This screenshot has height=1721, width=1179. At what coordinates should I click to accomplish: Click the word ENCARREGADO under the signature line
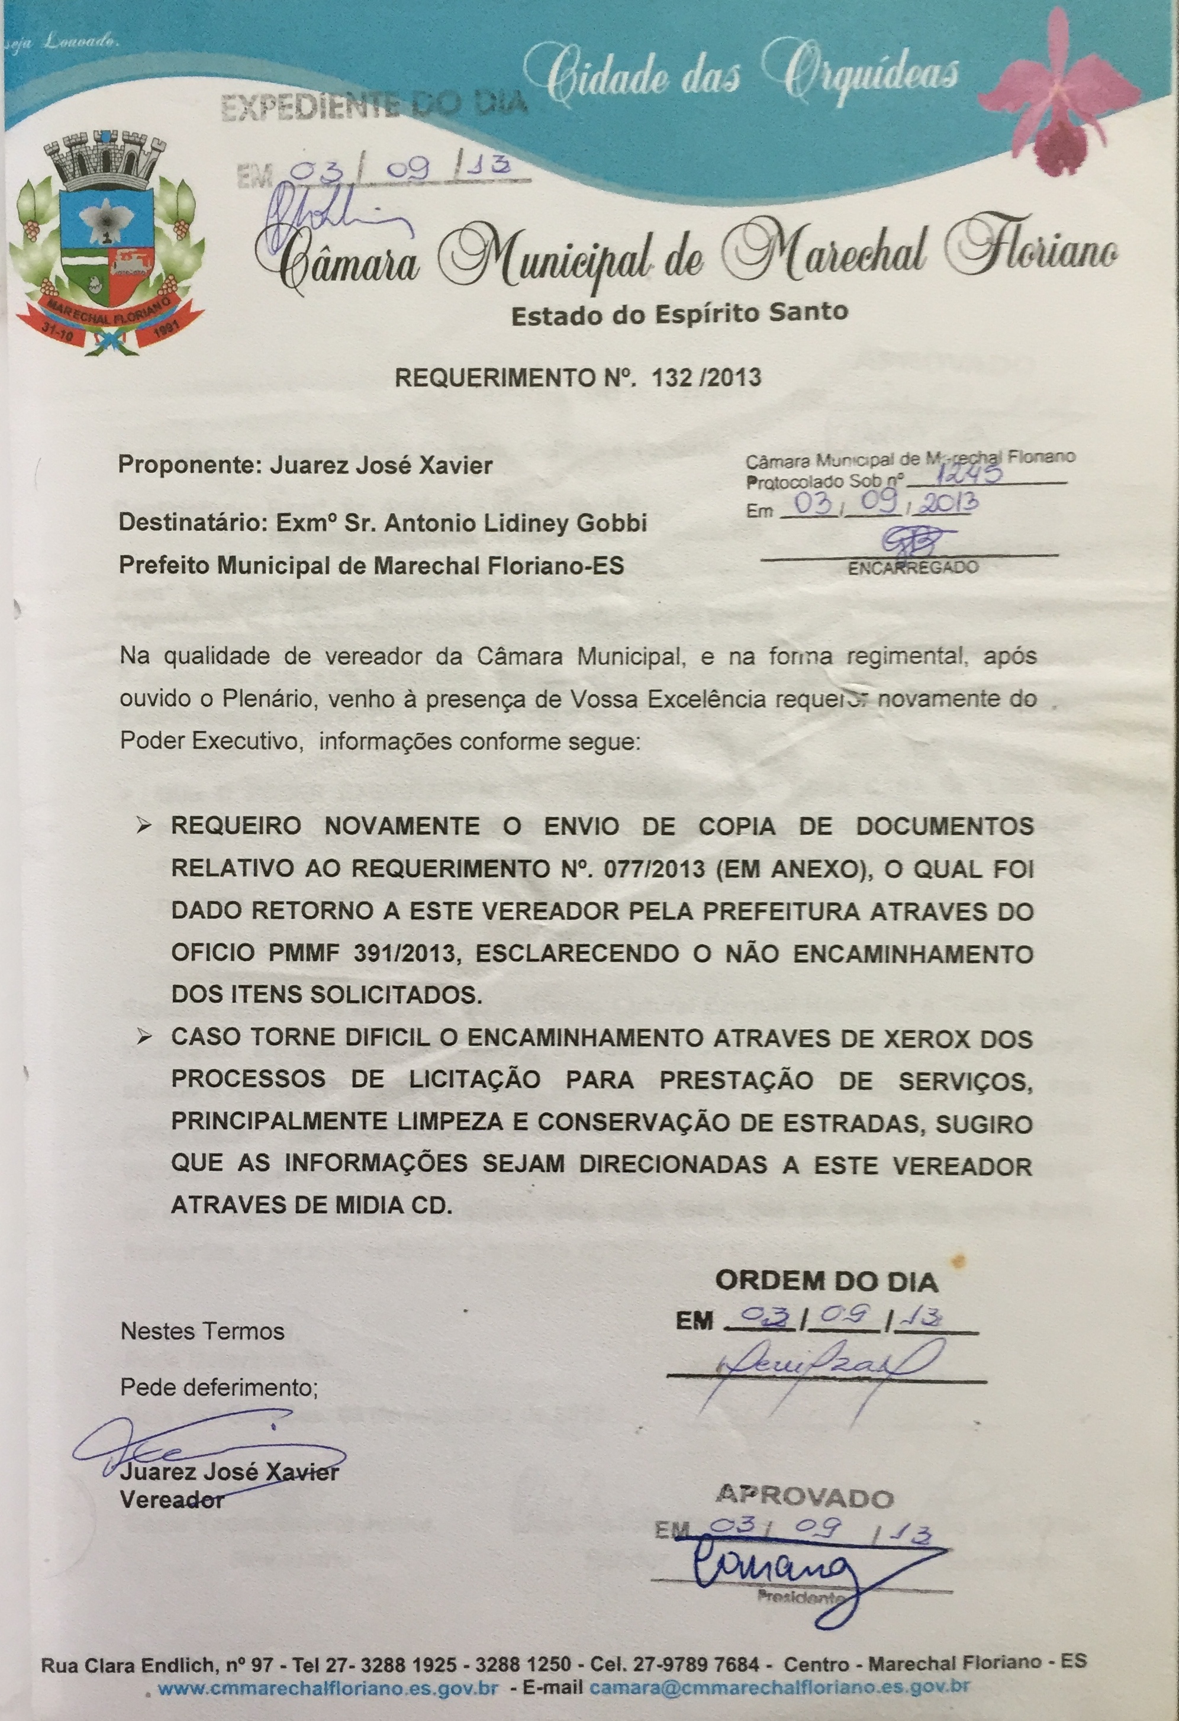point(913,568)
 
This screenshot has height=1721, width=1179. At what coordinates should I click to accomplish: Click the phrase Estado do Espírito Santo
point(679,314)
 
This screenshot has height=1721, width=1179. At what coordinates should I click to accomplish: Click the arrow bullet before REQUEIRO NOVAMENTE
point(145,826)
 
